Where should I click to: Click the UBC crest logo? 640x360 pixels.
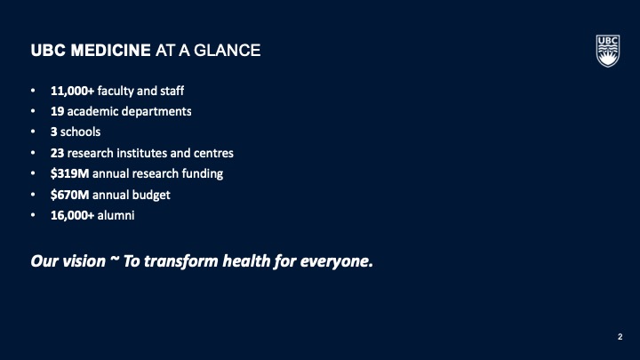coord(608,51)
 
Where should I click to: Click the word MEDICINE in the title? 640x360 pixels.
coord(110,51)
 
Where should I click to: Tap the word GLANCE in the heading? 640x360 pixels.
coord(227,51)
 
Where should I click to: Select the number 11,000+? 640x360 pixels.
coord(72,91)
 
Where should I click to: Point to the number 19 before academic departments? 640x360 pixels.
coord(57,111)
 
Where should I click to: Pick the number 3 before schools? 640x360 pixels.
coord(54,132)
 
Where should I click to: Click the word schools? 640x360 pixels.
coord(80,132)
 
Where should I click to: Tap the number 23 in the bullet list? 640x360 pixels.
coord(57,153)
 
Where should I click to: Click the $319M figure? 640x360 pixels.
coord(70,173)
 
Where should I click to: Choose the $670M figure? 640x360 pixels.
coord(70,195)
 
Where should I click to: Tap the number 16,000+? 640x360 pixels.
coord(72,215)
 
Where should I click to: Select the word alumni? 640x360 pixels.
coord(116,215)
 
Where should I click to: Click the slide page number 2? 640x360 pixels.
coord(620,337)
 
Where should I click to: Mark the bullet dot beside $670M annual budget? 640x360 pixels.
coord(33,195)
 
